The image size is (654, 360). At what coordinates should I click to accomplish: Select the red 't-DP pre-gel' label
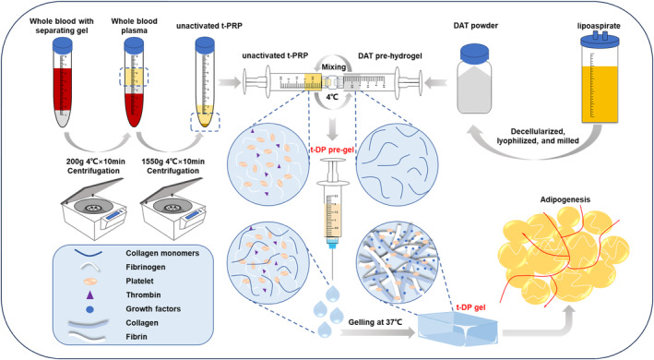[x=331, y=150]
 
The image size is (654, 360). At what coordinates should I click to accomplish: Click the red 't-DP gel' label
[x=470, y=307]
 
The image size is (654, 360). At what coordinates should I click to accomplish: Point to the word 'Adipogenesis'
[x=565, y=199]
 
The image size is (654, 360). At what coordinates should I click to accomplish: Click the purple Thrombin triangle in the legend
[x=89, y=295]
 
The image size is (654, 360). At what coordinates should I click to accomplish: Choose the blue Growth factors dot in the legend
[x=89, y=309]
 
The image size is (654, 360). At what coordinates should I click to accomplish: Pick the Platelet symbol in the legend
[x=89, y=282]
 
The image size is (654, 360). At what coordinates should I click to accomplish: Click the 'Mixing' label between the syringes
[x=333, y=66]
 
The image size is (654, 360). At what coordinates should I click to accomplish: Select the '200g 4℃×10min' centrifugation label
[x=96, y=162]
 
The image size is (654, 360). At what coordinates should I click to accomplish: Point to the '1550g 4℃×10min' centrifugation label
[x=173, y=162]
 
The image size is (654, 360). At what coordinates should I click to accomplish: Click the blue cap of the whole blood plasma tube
[x=134, y=44]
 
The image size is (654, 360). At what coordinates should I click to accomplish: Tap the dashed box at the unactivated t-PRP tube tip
[x=205, y=122]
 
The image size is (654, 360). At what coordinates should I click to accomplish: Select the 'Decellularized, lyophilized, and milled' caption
[x=538, y=137]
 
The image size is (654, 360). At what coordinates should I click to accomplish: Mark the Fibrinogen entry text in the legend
[x=146, y=267]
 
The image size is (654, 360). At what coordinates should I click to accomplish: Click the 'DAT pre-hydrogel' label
[x=390, y=55]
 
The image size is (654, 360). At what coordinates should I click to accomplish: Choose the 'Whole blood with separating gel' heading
[x=62, y=26]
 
